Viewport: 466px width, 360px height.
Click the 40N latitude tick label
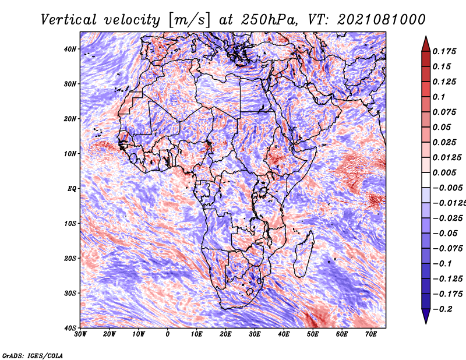(70, 49)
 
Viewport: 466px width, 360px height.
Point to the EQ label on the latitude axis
(72, 189)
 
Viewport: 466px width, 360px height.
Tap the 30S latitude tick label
(70, 294)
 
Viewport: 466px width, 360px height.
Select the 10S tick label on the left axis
(70, 224)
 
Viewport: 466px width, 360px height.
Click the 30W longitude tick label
(80, 334)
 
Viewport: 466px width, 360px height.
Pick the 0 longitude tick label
(168, 334)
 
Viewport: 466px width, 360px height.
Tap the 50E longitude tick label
(313, 334)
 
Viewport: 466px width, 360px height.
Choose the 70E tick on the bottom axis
(370, 334)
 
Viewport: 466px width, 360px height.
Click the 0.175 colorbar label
(444, 51)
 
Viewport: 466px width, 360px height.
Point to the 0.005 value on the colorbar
(444, 172)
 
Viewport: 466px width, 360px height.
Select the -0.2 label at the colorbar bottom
(442, 309)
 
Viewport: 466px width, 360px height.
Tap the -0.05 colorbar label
(444, 233)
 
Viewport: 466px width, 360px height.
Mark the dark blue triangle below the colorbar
(426, 315)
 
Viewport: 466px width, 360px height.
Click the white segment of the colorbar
(426, 180)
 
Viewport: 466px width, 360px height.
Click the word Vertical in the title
(69, 20)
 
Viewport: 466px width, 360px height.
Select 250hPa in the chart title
(269, 20)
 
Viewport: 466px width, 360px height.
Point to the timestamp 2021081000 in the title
(382, 20)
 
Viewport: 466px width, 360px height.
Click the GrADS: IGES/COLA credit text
(33, 355)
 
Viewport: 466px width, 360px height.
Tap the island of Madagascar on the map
(303, 256)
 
